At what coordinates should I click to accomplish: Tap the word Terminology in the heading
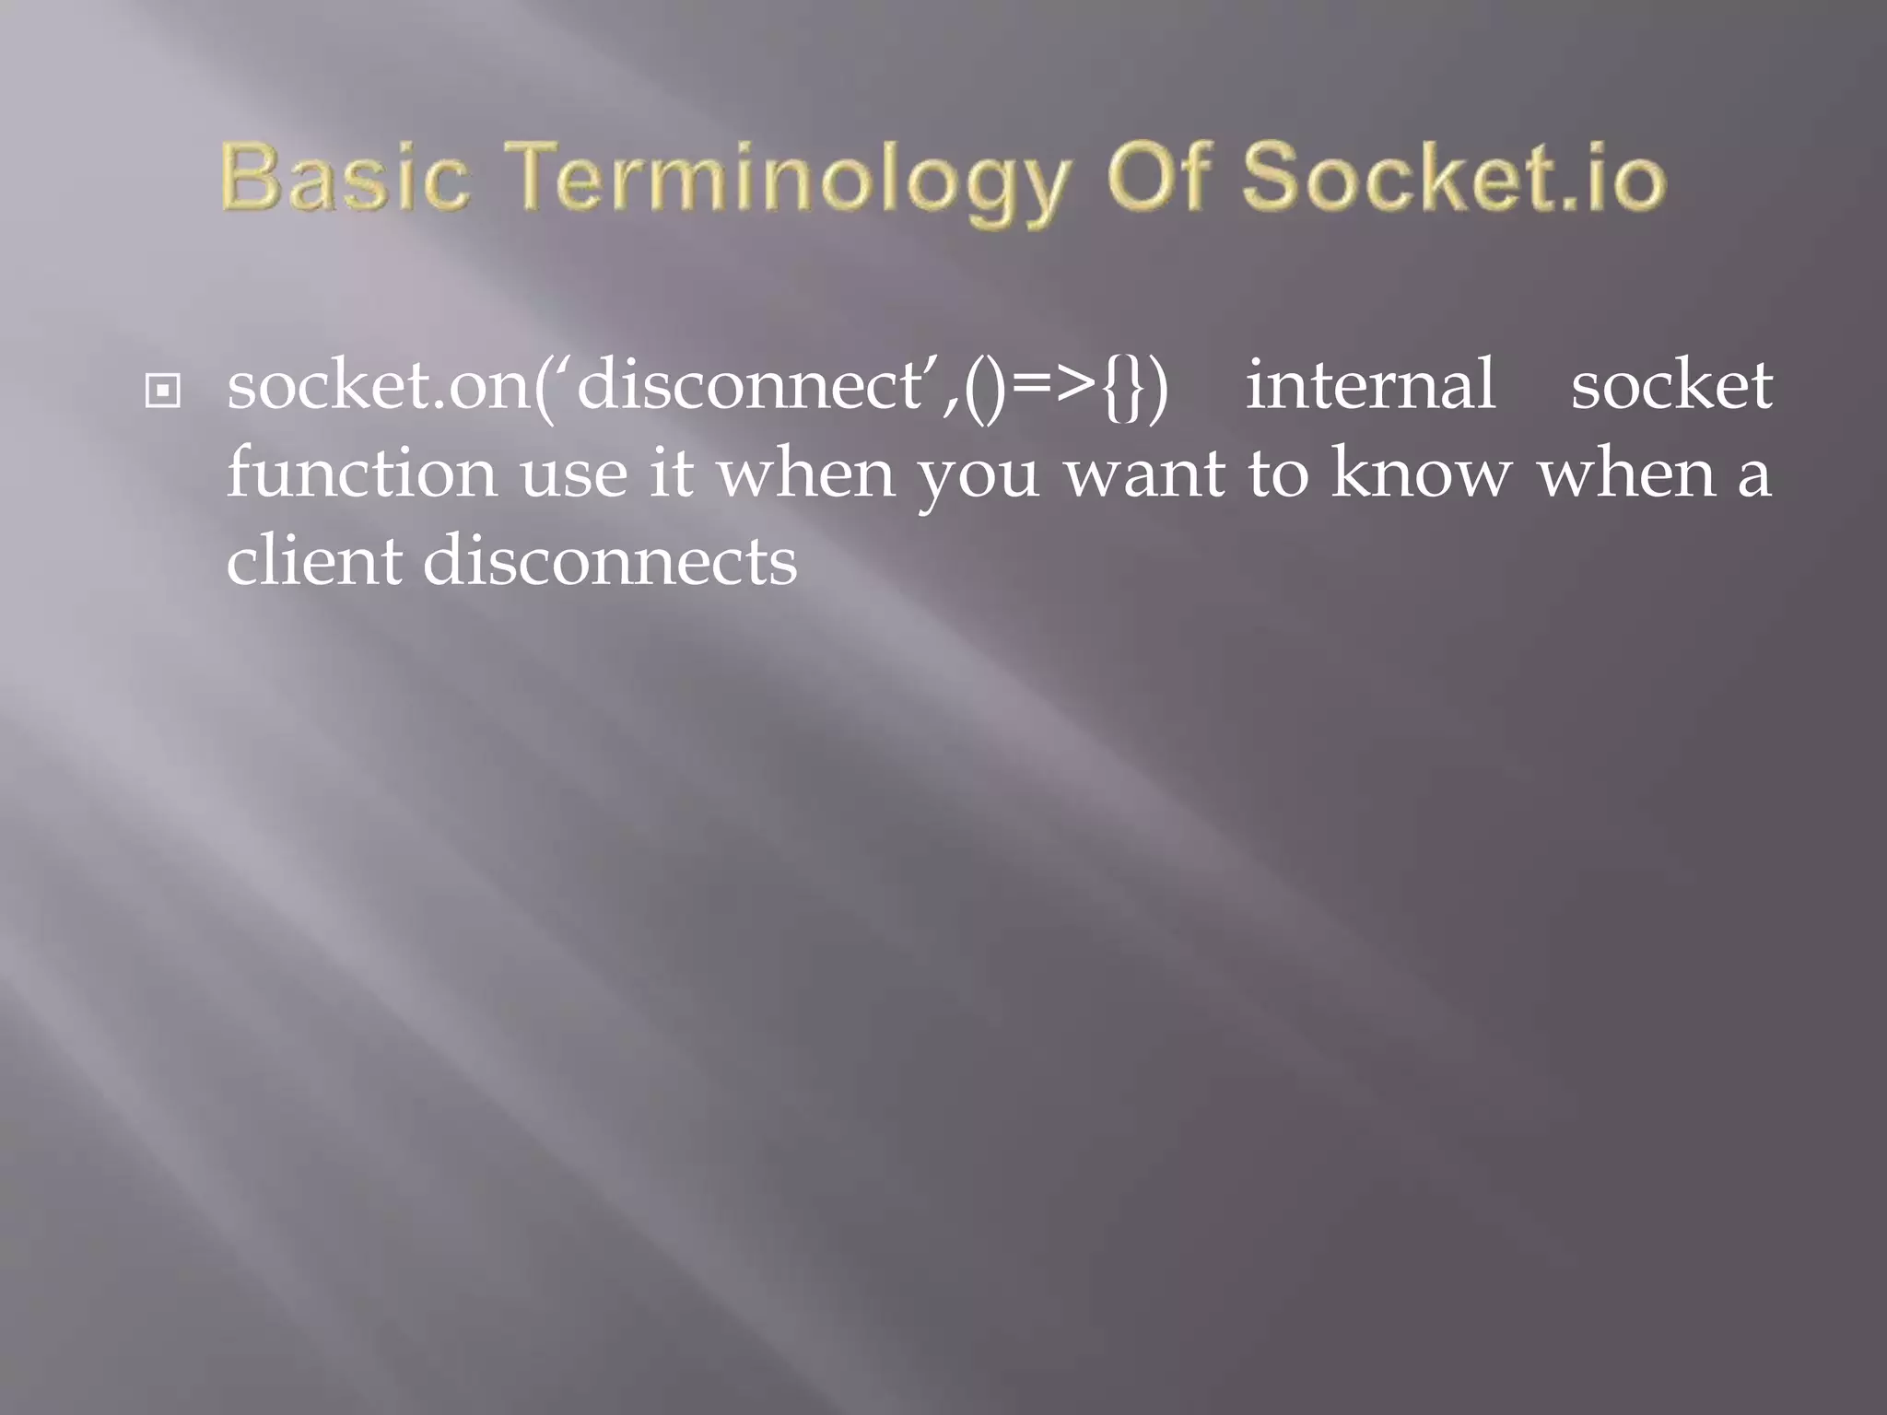pyautogui.click(x=789, y=180)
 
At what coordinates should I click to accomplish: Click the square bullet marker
pyautogui.click(x=162, y=392)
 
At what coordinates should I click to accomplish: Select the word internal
pyautogui.click(x=1370, y=386)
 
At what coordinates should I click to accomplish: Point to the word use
pyautogui.click(x=573, y=475)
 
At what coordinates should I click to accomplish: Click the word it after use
pyautogui.click(x=671, y=474)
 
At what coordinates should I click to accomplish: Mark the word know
pyautogui.click(x=1421, y=474)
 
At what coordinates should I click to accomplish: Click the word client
pyautogui.click(x=313, y=561)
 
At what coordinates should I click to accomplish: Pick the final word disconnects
pyautogui.click(x=610, y=561)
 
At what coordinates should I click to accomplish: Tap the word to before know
pyautogui.click(x=1278, y=475)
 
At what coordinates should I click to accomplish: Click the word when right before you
pyautogui.click(x=807, y=475)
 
